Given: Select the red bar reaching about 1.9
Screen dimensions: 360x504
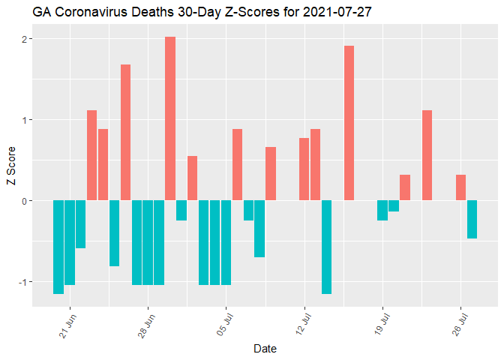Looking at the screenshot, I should pos(349,123).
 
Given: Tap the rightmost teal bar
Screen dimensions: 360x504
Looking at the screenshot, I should pos(472,219).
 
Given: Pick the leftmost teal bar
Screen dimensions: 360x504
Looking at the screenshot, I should pos(58,247).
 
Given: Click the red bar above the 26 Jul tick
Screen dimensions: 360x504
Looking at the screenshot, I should pos(460,187).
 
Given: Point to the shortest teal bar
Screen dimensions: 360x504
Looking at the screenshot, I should pos(394,205).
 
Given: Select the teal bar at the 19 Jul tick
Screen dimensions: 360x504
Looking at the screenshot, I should pos(382,210).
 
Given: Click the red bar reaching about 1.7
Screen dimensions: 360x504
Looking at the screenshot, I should pos(125,132).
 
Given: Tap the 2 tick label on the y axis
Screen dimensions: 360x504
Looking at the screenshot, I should pos(25,39).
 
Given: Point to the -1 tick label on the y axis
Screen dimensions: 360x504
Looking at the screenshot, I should pos(23,282).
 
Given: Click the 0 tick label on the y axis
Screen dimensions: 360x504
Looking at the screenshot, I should pos(25,201).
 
